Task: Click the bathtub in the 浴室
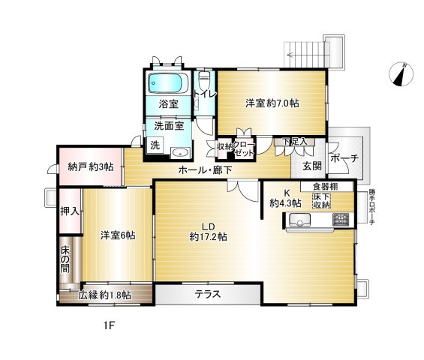click(x=168, y=83)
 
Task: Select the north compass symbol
click(x=401, y=74)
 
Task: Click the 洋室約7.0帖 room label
click(x=272, y=103)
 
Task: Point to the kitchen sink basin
click(x=299, y=220)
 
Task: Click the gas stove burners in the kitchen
click(x=341, y=220)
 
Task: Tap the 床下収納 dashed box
click(x=322, y=201)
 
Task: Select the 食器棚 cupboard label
click(x=325, y=187)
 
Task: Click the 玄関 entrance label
click(x=312, y=166)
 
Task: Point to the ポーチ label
click(x=344, y=158)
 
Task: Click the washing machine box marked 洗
click(x=155, y=145)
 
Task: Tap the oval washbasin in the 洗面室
click(x=181, y=153)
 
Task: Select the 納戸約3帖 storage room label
click(x=90, y=167)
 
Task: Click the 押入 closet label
click(x=70, y=211)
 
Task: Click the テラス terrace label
click(x=208, y=294)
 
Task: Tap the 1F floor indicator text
click(x=110, y=326)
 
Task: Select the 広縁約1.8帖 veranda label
click(x=105, y=295)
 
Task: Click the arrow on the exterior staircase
click(x=305, y=55)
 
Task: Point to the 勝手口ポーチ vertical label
click(x=371, y=208)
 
